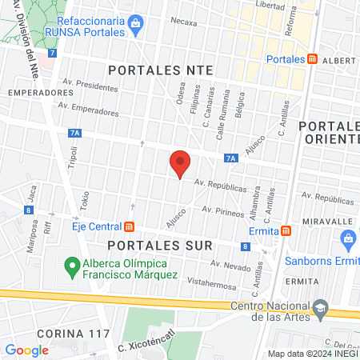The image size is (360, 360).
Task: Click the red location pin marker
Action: click(x=181, y=163)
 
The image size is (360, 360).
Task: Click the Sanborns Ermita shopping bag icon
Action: click(x=349, y=238)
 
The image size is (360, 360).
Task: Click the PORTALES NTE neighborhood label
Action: click(x=161, y=70)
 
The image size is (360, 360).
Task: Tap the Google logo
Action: click(x=26, y=350)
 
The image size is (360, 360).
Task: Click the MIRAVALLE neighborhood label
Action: click(x=328, y=221)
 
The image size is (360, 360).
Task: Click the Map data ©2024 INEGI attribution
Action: click(x=312, y=354)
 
